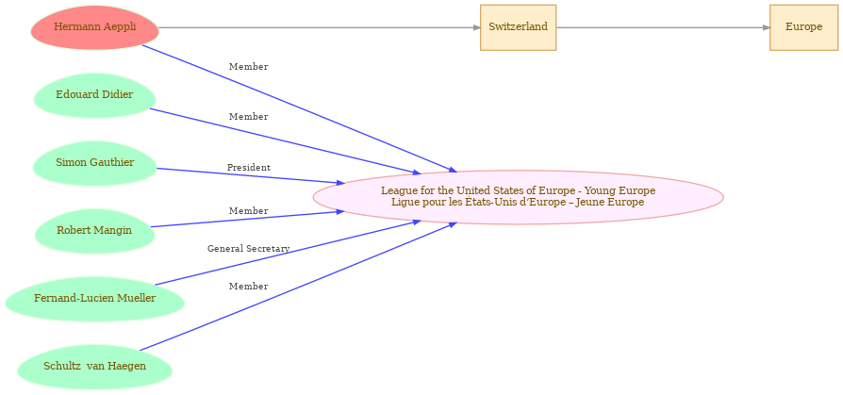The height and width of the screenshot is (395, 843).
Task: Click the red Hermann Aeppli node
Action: tap(94, 27)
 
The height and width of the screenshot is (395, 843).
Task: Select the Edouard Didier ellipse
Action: tap(94, 95)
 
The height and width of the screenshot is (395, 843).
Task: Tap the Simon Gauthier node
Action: tap(94, 163)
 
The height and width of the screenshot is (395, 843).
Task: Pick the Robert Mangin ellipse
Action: tap(94, 231)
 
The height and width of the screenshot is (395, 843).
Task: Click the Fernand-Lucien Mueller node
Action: tap(94, 299)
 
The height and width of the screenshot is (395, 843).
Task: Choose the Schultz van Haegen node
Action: tap(94, 367)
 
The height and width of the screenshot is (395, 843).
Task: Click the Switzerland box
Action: tap(519, 27)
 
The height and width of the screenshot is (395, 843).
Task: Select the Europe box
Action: tap(803, 27)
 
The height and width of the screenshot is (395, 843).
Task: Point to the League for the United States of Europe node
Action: tap(519, 197)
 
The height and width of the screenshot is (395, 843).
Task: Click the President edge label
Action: tap(248, 168)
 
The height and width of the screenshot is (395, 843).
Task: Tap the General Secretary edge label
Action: tap(248, 249)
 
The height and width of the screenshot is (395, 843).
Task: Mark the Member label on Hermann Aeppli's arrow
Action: tap(248, 67)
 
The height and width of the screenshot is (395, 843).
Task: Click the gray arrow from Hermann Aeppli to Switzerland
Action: tap(320, 27)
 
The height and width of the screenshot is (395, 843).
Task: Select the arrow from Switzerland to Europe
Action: tap(663, 27)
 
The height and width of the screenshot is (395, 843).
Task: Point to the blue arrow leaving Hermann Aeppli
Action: tap(300, 108)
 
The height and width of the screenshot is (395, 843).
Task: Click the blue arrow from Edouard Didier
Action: tap(285, 141)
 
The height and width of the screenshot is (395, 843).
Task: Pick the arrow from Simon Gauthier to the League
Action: tap(251, 176)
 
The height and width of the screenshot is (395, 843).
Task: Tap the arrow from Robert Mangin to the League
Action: tap(247, 220)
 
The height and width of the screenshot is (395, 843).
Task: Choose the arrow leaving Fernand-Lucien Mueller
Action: tap(288, 253)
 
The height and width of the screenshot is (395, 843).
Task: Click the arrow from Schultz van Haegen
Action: tap(298, 286)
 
